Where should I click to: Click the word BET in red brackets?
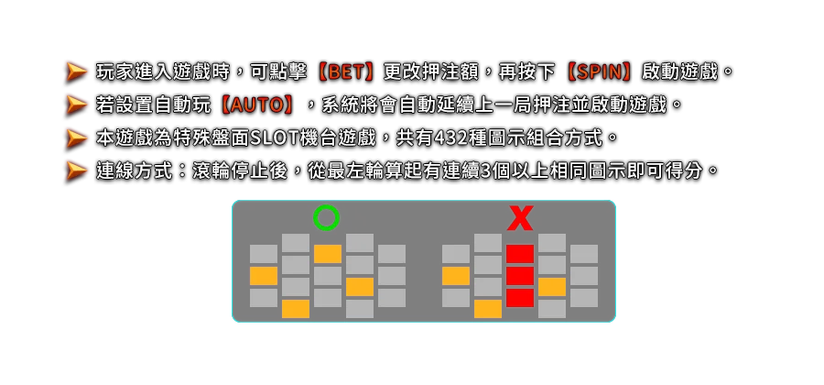pos(347,72)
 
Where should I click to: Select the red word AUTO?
pos(257,105)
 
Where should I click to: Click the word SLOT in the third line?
pos(275,138)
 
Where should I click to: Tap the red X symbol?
pos(520,218)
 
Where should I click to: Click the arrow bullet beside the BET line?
pos(77,72)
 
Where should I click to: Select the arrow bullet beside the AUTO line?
pos(77,105)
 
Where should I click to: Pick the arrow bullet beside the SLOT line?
pos(77,138)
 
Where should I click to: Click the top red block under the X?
pos(520,254)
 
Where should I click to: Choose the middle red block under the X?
pos(520,276)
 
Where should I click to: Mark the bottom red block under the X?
pos(520,298)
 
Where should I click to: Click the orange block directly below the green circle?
pos(328,254)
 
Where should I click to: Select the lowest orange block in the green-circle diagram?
pos(296,309)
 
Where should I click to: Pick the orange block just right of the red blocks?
pos(552,287)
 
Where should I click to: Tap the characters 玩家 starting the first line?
pos(114,72)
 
